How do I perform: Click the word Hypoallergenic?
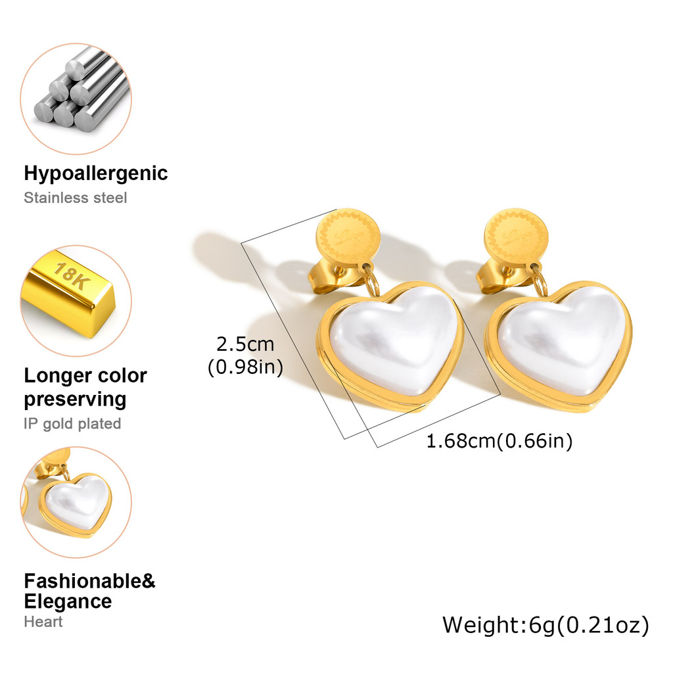click(x=96, y=174)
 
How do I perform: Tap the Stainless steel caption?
click(x=76, y=197)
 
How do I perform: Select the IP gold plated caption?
click(x=72, y=424)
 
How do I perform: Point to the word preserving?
click(x=75, y=399)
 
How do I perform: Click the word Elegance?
click(x=68, y=601)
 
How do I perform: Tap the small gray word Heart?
click(x=43, y=621)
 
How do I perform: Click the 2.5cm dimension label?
click(x=245, y=344)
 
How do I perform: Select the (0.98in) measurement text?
click(x=245, y=367)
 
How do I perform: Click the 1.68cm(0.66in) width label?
click(x=499, y=441)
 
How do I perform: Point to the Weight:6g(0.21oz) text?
click(x=545, y=624)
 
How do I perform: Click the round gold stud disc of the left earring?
click(x=349, y=236)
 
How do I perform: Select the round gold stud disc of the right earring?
click(x=516, y=237)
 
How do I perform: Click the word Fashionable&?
click(x=89, y=581)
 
